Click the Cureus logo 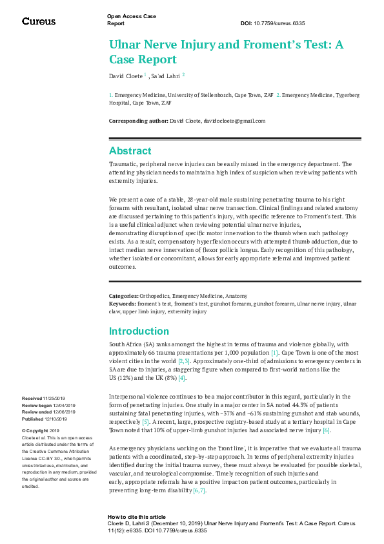point(39,21)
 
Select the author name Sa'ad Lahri point(166,76)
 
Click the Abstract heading point(130,151)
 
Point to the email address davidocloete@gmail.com point(234,121)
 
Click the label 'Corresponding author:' point(137,121)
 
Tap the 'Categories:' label point(123,295)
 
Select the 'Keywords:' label point(122,302)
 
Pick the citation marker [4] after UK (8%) point(182,377)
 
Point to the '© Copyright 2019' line point(41,430)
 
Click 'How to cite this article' point(137,517)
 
